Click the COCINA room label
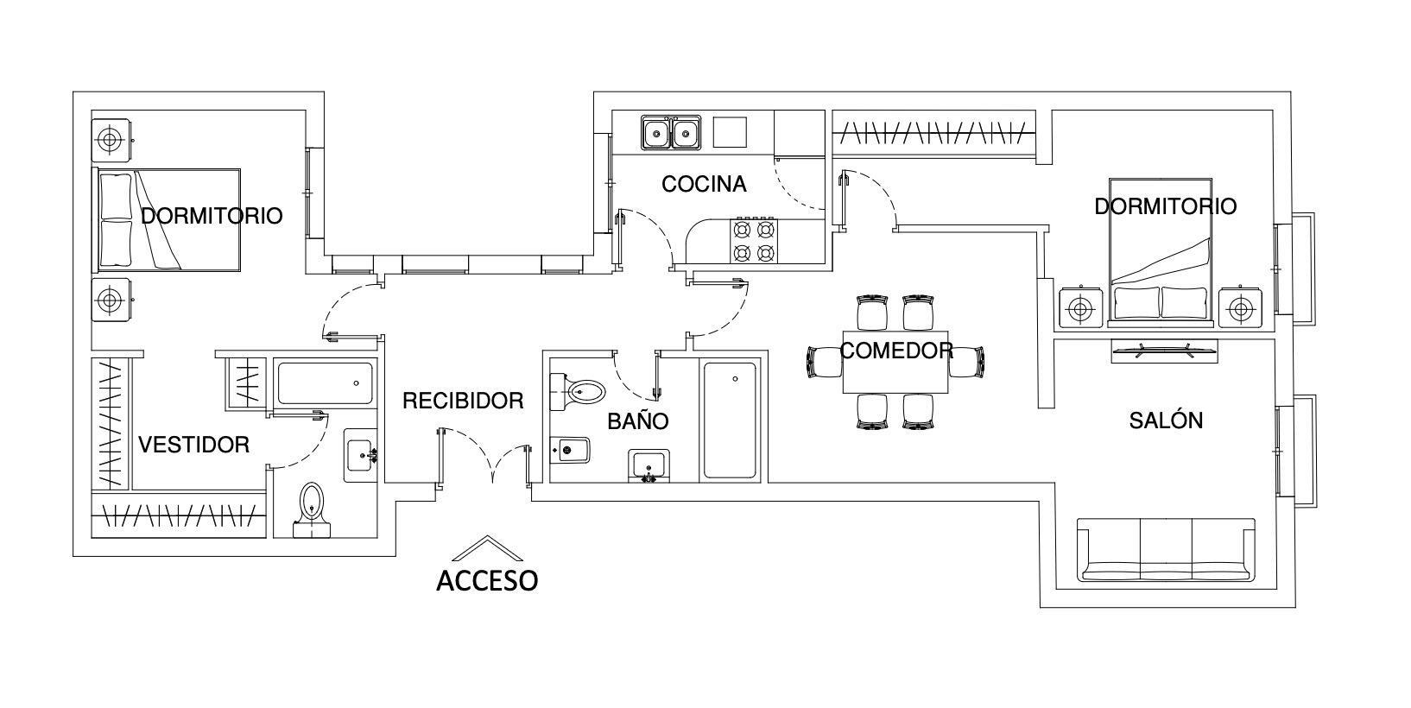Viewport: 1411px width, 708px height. coord(704,184)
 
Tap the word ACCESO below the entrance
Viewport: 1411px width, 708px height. coord(487,581)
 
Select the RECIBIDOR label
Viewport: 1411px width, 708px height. coord(463,401)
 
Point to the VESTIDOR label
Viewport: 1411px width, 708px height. coord(194,445)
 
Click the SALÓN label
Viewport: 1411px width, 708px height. coord(1166,420)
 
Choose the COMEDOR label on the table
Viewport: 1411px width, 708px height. coord(896,351)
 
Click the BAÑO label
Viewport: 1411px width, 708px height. coord(638,420)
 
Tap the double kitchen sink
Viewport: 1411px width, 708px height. coord(671,132)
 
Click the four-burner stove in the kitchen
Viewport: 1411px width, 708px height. coord(754,241)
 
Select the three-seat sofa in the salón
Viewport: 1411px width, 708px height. coord(1166,550)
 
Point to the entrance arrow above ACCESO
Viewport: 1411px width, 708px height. coord(487,548)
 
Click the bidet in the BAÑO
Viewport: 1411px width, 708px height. coord(569,450)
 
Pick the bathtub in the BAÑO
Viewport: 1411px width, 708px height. coord(730,420)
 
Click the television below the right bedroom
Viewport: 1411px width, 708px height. coord(1164,351)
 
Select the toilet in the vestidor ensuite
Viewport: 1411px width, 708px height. coord(312,510)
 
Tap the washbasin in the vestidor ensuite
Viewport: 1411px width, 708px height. coord(361,455)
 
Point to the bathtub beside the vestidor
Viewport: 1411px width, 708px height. coord(325,383)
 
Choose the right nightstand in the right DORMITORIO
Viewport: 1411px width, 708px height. coord(1240,308)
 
